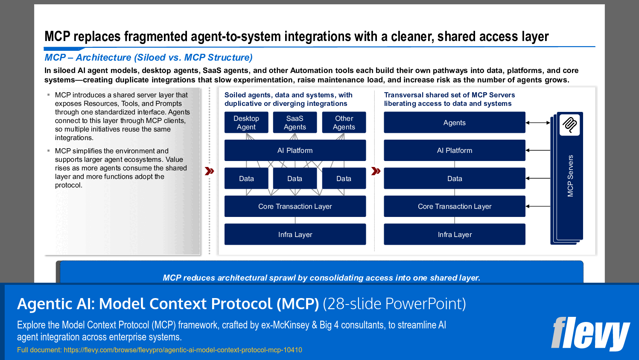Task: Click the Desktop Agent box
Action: (x=246, y=123)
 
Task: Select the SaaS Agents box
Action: (x=295, y=123)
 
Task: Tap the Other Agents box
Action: (x=344, y=123)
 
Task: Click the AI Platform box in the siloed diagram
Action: (x=295, y=150)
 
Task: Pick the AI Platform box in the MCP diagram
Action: (x=454, y=150)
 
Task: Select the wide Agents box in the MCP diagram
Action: (x=454, y=123)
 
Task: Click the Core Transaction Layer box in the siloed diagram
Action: (x=295, y=206)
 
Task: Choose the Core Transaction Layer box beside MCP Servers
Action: (x=454, y=206)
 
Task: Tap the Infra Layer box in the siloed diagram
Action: (x=295, y=234)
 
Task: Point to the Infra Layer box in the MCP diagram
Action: (x=454, y=234)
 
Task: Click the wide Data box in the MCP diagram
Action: (x=454, y=179)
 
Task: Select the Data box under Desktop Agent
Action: (x=246, y=179)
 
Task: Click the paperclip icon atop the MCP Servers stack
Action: (x=569, y=125)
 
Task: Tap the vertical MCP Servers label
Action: (x=570, y=176)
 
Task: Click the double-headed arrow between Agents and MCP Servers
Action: (x=538, y=123)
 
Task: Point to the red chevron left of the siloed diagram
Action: (x=209, y=171)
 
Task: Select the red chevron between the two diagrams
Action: (x=376, y=171)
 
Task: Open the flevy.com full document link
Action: (x=183, y=350)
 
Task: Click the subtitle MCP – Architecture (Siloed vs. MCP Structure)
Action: (x=149, y=57)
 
